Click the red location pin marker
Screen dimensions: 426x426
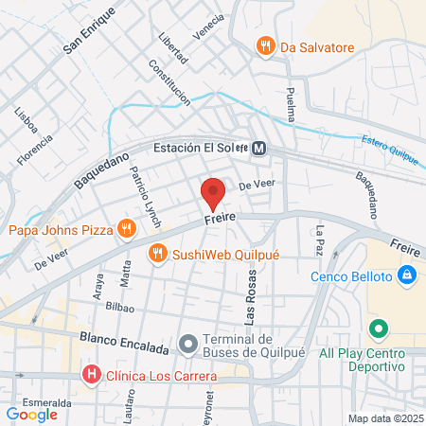[x=213, y=193]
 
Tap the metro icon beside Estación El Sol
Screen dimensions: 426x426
[x=258, y=148]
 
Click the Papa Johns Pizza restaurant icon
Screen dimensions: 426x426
[x=125, y=228]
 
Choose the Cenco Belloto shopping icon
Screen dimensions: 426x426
[x=406, y=276]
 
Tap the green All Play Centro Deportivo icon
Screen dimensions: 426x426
[x=379, y=329]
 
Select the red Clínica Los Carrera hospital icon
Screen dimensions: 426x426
[x=91, y=375]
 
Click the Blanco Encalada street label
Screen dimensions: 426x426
[x=124, y=338]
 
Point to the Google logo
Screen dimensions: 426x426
[x=31, y=414]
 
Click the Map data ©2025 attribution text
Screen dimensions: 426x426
[x=384, y=418]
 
